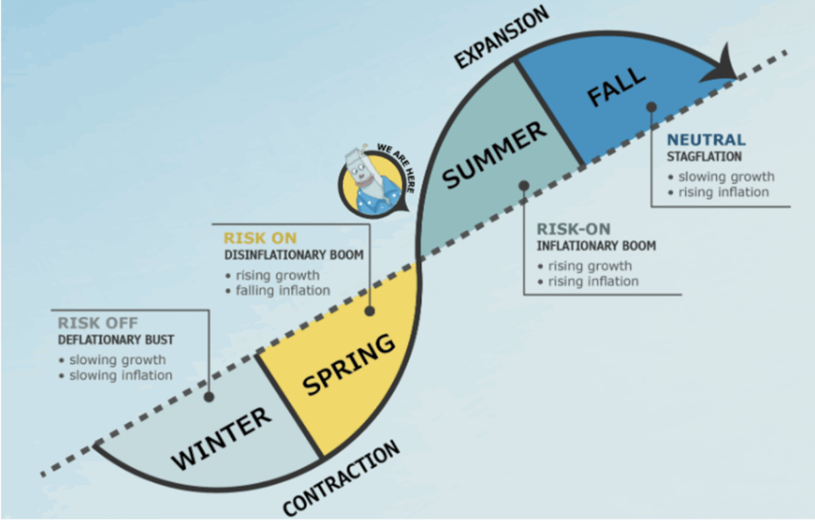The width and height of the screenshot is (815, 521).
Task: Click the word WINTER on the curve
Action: click(x=222, y=437)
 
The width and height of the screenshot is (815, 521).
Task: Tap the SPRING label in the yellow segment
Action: click(x=349, y=366)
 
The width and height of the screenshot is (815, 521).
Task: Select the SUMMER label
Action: click(x=494, y=155)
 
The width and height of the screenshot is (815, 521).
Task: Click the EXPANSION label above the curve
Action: click(x=501, y=37)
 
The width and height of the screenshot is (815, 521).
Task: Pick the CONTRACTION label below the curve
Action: click(x=341, y=478)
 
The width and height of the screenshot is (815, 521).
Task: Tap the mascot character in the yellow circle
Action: click(x=368, y=184)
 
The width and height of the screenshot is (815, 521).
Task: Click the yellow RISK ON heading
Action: click(x=259, y=238)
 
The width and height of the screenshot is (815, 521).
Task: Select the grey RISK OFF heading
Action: click(x=98, y=323)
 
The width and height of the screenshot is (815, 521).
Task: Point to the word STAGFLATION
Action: click(x=704, y=156)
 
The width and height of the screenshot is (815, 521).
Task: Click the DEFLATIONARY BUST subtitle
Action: click(x=116, y=340)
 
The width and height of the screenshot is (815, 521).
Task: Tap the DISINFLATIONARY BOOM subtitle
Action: click(x=294, y=255)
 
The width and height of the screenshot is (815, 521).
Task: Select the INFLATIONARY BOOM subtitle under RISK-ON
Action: click(x=596, y=245)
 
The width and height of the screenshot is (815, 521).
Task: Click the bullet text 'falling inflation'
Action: click(x=283, y=291)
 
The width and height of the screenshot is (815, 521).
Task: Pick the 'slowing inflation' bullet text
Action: click(x=120, y=375)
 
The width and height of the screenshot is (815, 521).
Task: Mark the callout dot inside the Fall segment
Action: click(x=651, y=106)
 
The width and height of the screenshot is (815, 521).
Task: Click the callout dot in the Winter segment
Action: click(x=209, y=396)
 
